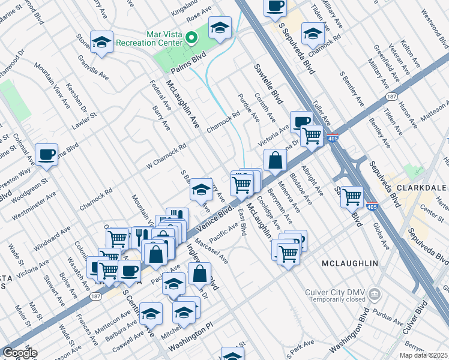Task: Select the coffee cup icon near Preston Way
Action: click(46, 155)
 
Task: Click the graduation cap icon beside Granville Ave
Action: click(101, 42)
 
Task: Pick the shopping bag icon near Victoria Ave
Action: click(274, 160)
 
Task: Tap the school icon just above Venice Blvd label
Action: click(201, 190)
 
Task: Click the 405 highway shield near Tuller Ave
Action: click(333, 139)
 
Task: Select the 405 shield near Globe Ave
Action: click(373, 207)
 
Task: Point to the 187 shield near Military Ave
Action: click(391, 96)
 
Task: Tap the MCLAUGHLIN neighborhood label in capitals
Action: click(349, 263)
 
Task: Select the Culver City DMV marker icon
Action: click(375, 294)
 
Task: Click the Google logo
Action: click(20, 353)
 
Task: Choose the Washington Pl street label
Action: click(191, 340)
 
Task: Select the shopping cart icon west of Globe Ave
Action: click(352, 196)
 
